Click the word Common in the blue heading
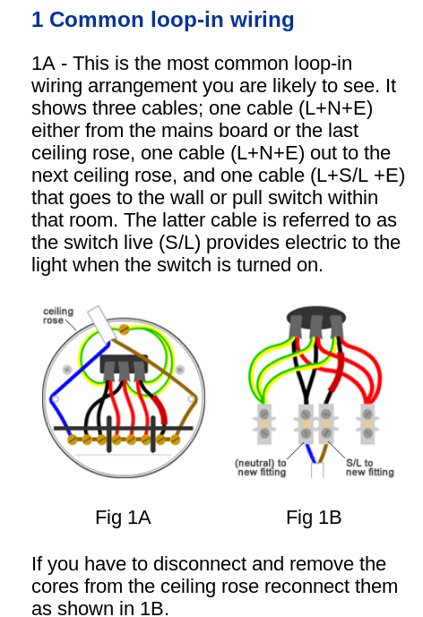(96, 20)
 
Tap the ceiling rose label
(58, 315)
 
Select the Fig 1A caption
(123, 518)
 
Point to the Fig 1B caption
(314, 518)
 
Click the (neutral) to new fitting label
(261, 467)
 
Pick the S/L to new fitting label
(370, 467)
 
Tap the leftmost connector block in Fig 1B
(264, 424)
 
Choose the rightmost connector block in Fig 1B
(367, 424)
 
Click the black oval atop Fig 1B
(315, 318)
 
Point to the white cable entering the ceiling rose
(101, 323)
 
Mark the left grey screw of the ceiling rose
(67, 370)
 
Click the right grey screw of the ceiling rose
(179, 370)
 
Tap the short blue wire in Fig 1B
(311, 453)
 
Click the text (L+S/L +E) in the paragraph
(358, 176)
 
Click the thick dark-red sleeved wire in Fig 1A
(160, 410)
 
